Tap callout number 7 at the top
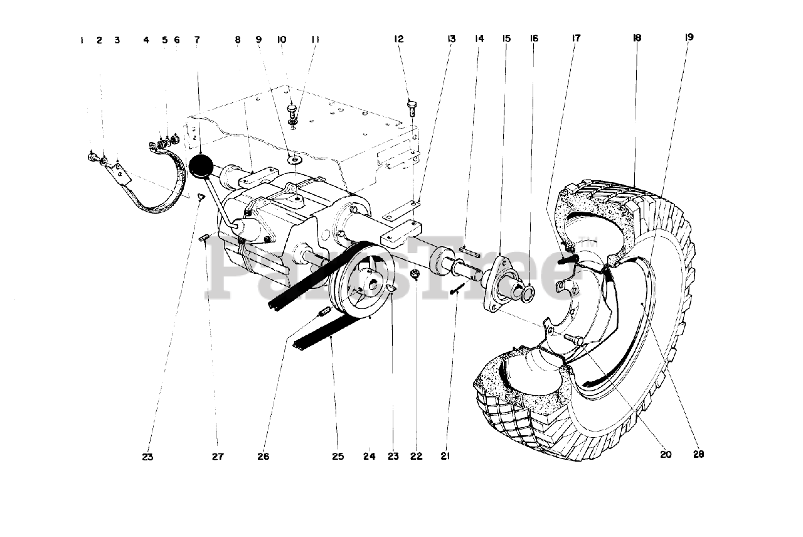click(197, 40)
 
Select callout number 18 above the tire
click(637, 38)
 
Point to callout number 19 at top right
click(689, 38)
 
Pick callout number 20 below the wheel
click(666, 454)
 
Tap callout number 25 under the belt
click(338, 457)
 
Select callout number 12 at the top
click(398, 40)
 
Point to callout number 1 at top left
click(82, 40)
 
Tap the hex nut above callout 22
click(415, 274)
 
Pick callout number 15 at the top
click(506, 39)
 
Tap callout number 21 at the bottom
click(445, 457)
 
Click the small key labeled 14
click(470, 253)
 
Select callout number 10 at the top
click(282, 40)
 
